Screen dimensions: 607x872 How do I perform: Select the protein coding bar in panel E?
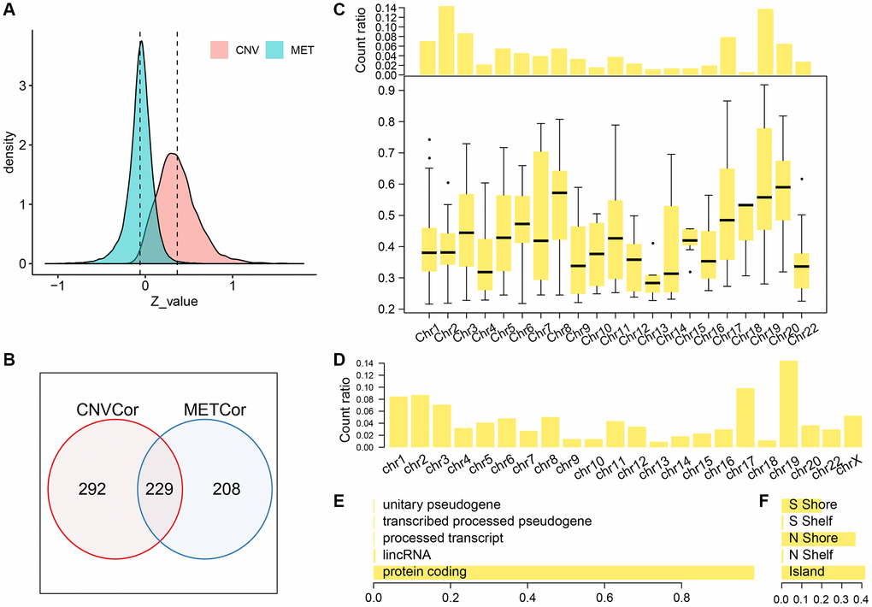click(563, 572)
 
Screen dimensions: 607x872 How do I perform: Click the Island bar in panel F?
click(823, 572)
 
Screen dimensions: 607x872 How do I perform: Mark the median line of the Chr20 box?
click(781, 186)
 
